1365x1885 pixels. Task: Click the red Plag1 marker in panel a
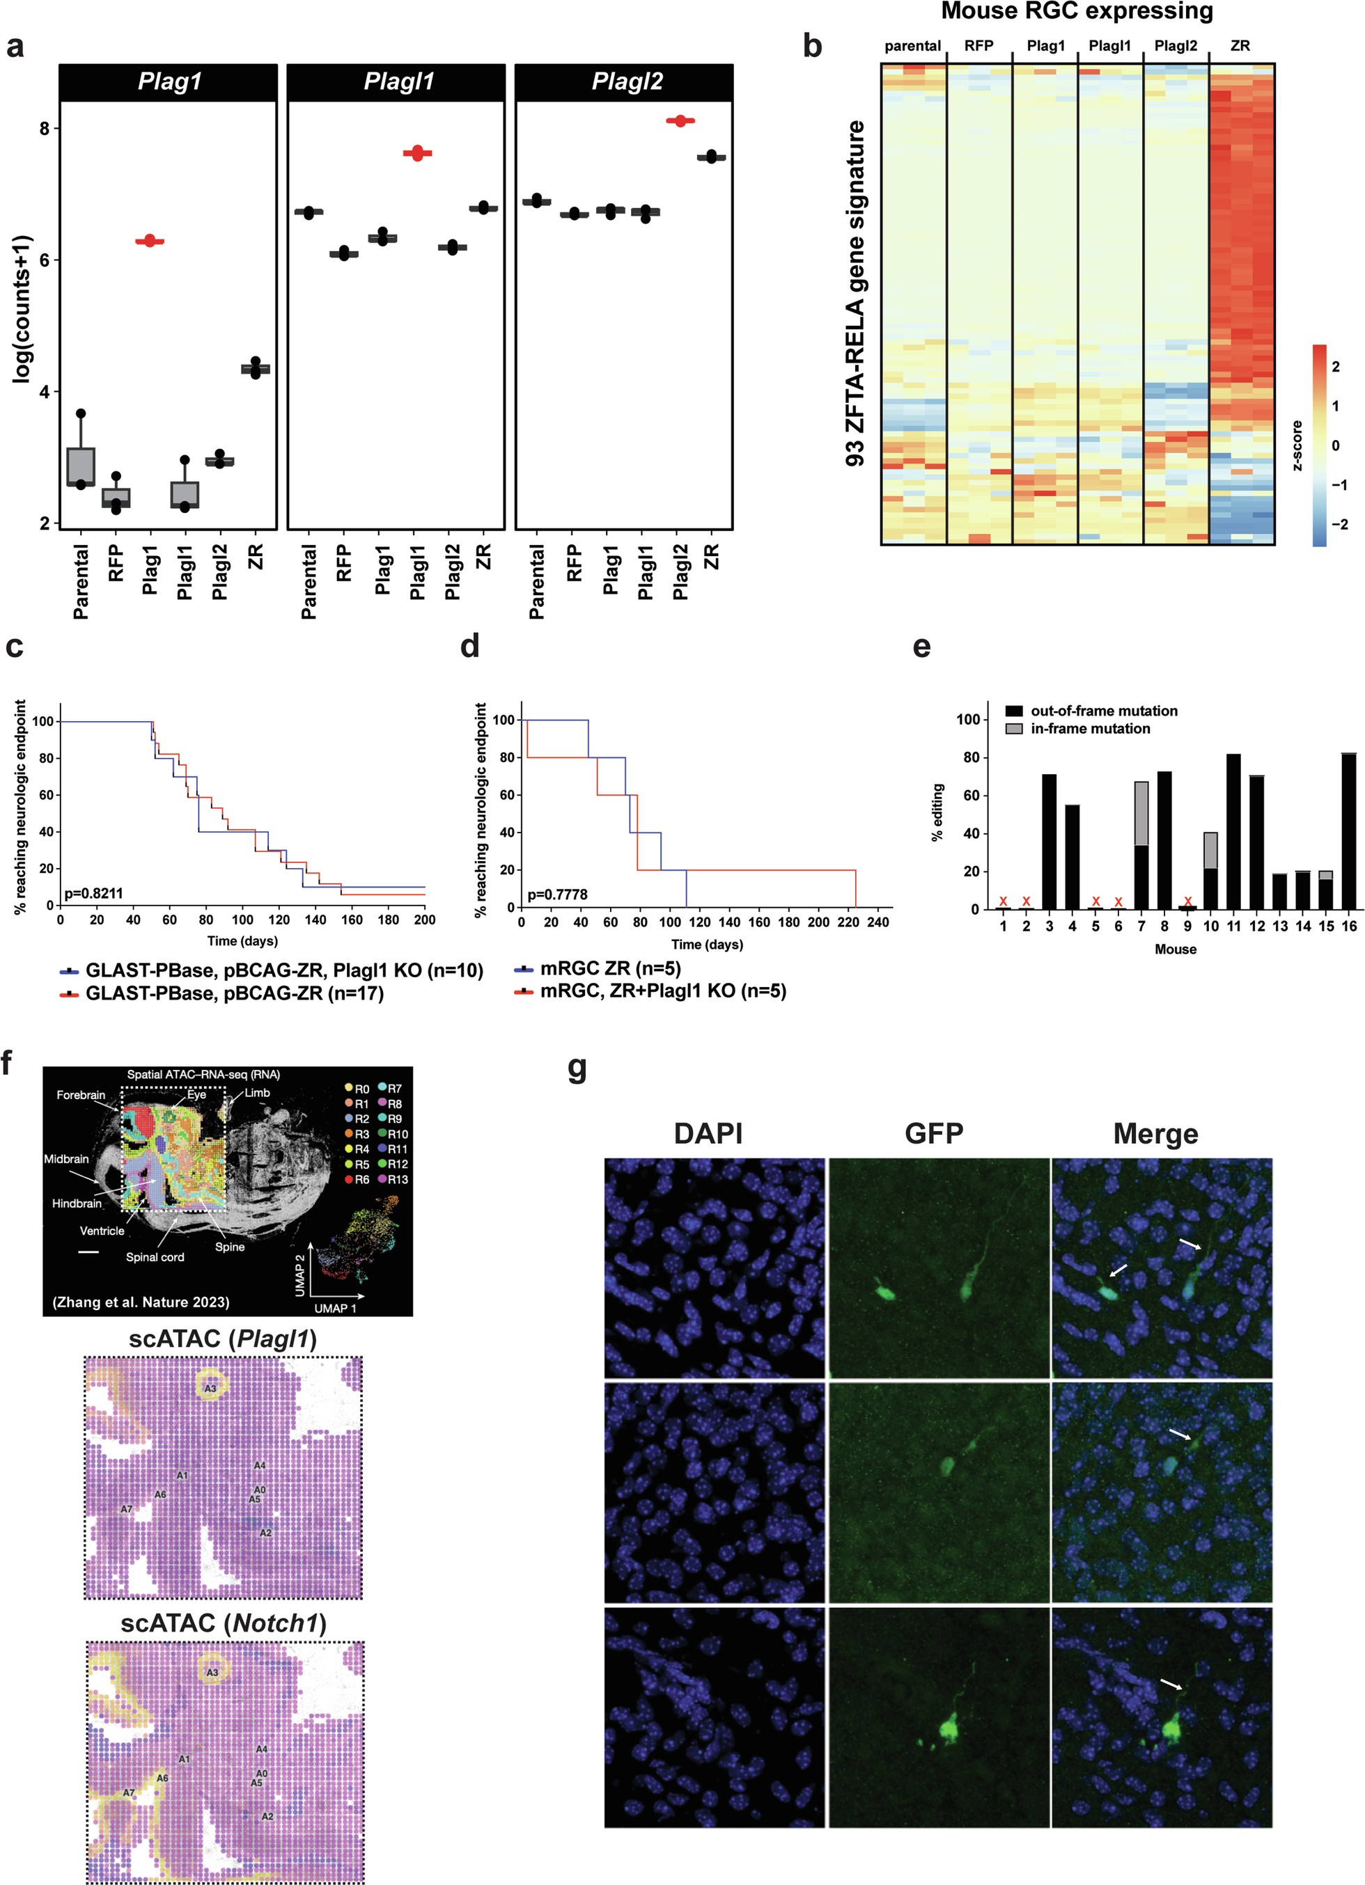click(150, 241)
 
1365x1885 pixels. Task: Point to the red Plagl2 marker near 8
click(680, 121)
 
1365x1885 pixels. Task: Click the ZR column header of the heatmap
click(1240, 47)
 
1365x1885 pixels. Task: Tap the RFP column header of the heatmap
click(978, 47)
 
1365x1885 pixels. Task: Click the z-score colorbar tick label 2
click(1335, 367)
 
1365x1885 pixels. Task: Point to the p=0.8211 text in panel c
click(93, 894)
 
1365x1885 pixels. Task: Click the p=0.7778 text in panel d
click(557, 895)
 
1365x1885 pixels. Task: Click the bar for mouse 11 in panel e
click(1233, 831)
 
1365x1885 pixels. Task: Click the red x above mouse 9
click(1187, 901)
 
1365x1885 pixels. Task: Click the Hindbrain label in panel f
click(77, 1204)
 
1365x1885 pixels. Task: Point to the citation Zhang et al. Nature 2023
click(141, 1302)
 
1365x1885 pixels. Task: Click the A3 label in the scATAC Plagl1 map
click(210, 1389)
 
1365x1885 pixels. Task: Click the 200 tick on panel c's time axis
click(425, 920)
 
